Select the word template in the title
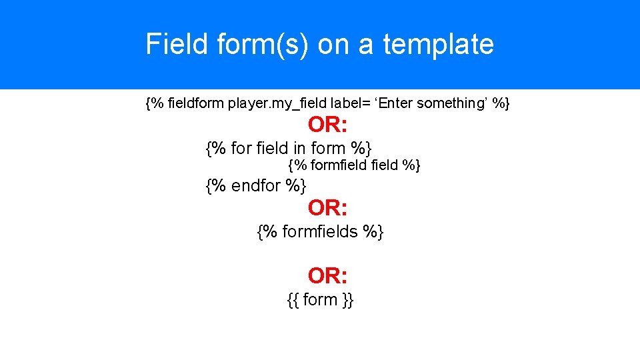coord(438,45)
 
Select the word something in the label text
coord(450,103)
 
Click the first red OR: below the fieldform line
coord(327,125)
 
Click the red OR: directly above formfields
coord(327,209)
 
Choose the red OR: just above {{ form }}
coord(327,275)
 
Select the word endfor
coord(256,186)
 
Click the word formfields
coord(321,232)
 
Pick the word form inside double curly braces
coord(320,300)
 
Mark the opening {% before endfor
coord(216,186)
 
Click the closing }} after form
coord(347,300)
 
